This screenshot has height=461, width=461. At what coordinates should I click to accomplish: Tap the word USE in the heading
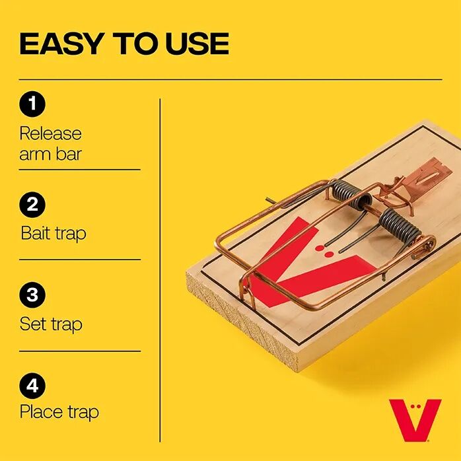(196, 44)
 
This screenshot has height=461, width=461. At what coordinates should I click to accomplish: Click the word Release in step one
(50, 133)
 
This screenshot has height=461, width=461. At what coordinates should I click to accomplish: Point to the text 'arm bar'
(50, 155)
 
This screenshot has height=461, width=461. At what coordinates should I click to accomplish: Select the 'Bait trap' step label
(53, 233)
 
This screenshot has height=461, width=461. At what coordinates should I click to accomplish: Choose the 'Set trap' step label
(51, 324)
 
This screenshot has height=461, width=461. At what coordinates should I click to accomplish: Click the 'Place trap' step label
(59, 412)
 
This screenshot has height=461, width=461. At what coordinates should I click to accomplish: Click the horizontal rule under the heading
(230, 79)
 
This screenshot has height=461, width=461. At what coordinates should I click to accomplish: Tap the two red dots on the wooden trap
(324, 250)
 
